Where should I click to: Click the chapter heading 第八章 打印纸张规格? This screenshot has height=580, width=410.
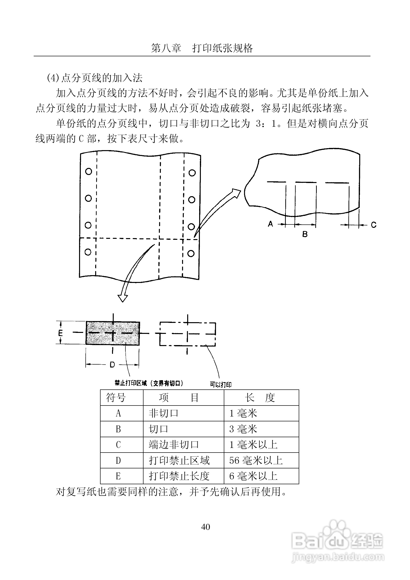[202, 48]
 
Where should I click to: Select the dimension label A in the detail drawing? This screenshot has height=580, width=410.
[270, 224]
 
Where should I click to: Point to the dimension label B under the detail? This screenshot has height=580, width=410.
[305, 234]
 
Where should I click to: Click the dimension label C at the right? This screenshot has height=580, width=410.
[374, 225]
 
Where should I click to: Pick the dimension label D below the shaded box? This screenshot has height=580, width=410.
[112, 365]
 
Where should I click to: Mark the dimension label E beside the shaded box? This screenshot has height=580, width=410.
[60, 333]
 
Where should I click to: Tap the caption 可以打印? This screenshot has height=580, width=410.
[221, 385]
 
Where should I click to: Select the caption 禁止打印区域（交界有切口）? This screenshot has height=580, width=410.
[149, 383]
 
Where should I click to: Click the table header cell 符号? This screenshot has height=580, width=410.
[116, 398]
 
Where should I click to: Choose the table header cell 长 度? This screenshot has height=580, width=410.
[260, 398]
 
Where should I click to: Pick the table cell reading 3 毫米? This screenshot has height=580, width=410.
[243, 429]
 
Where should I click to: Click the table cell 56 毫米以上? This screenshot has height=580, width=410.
[256, 461]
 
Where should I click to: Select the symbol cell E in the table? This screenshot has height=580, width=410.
[118, 476]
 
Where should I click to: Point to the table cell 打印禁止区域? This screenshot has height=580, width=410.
[179, 461]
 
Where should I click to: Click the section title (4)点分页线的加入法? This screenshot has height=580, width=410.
[95, 78]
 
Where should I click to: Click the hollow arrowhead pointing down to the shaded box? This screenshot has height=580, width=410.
[123, 298]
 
